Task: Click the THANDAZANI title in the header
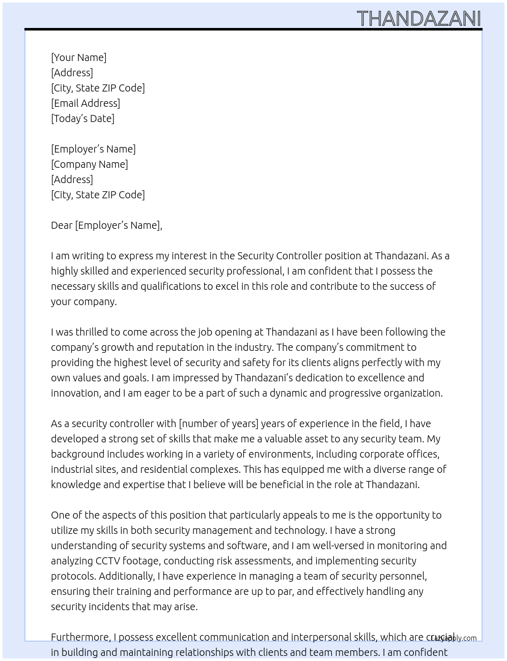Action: tap(418, 19)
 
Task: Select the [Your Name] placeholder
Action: tap(79, 57)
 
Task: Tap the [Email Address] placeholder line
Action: tap(86, 103)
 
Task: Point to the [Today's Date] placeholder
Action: tap(82, 118)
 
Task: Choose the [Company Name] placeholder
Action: tap(90, 164)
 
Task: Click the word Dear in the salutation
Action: tap(62, 225)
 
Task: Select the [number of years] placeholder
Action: tap(219, 424)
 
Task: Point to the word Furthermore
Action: tap(80, 637)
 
